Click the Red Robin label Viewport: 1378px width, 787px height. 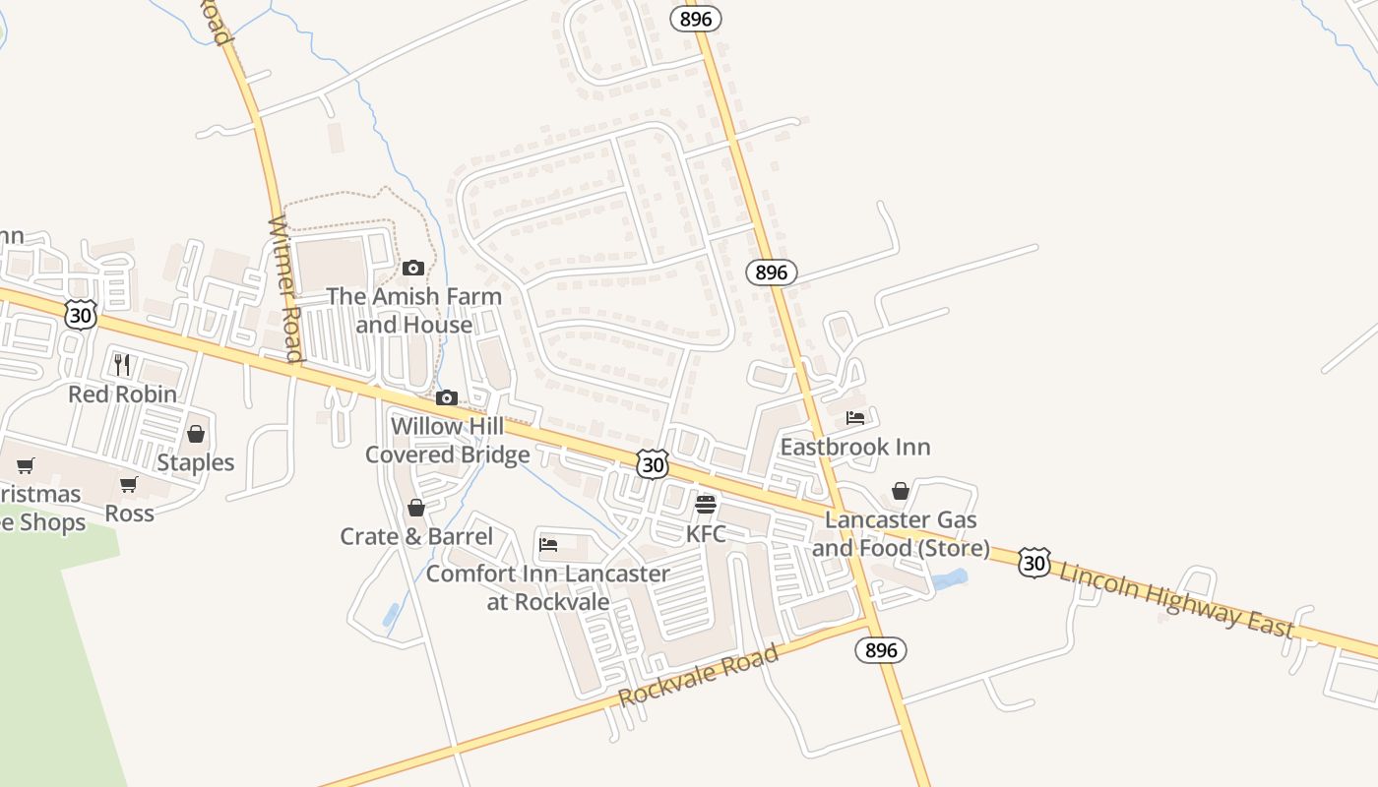[x=122, y=394]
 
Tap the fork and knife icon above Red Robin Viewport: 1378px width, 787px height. [x=122, y=365]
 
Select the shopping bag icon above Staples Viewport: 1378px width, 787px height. [x=196, y=434]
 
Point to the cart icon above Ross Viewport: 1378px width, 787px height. [x=129, y=484]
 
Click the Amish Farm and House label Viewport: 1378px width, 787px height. [x=413, y=310]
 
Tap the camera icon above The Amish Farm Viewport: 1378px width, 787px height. [x=413, y=268]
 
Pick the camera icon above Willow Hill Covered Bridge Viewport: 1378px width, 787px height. [x=447, y=397]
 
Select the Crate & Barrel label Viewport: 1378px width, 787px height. [x=416, y=536]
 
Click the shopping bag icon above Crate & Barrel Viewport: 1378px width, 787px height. [x=416, y=508]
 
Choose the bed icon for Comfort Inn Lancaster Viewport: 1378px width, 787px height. [x=549, y=544]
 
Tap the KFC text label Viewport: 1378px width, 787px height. [x=706, y=534]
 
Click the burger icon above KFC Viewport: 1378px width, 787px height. [x=706, y=506]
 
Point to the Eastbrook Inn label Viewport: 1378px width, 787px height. [x=854, y=447]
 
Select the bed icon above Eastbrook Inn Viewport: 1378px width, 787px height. [x=854, y=418]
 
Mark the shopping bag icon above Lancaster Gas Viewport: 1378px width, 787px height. [x=901, y=491]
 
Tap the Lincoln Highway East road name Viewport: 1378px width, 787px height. [x=1176, y=599]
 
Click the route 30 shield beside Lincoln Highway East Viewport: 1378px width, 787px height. [x=1033, y=562]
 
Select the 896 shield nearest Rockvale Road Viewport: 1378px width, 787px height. [x=880, y=649]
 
